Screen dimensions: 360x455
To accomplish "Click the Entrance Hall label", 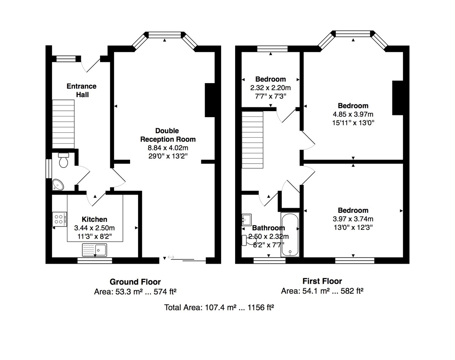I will pos(82,90).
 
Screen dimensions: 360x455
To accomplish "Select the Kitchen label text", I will pos(94,219).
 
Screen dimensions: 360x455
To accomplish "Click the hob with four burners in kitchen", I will pos(60,219).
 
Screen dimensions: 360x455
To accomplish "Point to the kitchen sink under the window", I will pos(95,250).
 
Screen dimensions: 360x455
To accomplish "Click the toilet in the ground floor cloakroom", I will pos(63,160).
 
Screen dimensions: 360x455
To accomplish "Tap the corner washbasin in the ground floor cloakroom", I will pos(58,184).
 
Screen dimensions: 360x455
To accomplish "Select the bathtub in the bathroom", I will pos(290,235).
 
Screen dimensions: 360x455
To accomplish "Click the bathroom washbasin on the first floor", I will pos(246,219).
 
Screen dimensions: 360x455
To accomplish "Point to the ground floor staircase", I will pos(63,124).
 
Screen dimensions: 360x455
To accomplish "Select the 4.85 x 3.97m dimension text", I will pos(353,114).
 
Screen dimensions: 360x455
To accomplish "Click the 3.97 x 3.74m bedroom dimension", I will pos(353,219).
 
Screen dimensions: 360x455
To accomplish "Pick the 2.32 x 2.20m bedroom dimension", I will pos(270,88).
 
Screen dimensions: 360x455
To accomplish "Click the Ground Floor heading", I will pos(135,282).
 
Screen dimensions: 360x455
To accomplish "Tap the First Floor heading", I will pos(322,281).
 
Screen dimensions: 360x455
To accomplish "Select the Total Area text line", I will pos(219,307).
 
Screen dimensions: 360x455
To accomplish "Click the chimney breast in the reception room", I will pos(210,100).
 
